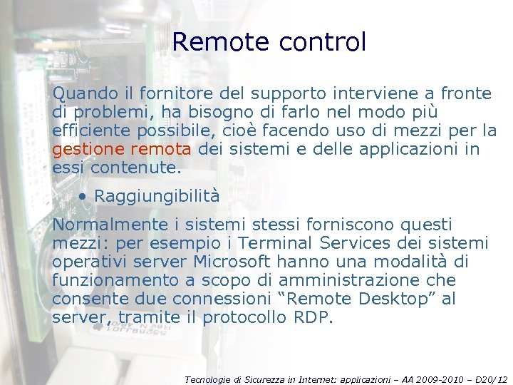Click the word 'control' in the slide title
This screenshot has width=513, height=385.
(323, 42)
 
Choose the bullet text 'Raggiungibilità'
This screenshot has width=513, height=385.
(157, 195)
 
